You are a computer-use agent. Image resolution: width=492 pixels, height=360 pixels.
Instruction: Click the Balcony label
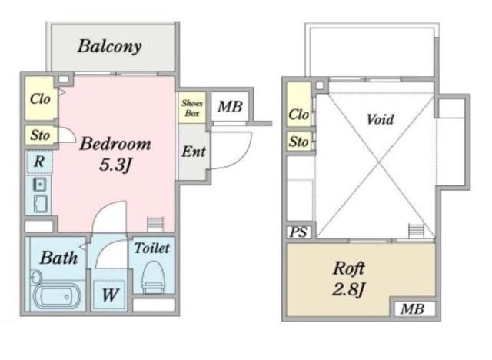pyautogui.click(x=109, y=47)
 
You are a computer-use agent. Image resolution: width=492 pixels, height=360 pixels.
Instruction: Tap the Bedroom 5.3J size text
pyautogui.click(x=115, y=165)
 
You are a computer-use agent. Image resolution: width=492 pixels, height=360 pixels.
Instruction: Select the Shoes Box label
pyautogui.click(x=192, y=108)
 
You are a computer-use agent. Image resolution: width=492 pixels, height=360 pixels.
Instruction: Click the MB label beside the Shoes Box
pyautogui.click(x=230, y=106)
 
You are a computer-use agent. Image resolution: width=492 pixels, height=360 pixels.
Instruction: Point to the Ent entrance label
pyautogui.click(x=194, y=152)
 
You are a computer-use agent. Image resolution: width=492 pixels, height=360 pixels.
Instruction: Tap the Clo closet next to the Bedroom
pyautogui.click(x=40, y=98)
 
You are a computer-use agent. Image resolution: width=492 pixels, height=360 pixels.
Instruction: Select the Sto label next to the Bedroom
pyautogui.click(x=40, y=135)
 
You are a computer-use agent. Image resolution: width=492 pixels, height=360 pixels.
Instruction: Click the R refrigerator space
pyautogui.click(x=39, y=162)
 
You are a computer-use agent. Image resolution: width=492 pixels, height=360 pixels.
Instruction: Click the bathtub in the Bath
pyautogui.click(x=57, y=296)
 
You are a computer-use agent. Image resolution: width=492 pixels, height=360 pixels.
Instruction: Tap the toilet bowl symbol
pyautogui.click(x=153, y=277)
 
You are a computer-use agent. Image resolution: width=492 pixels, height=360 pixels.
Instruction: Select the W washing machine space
pyautogui.click(x=109, y=295)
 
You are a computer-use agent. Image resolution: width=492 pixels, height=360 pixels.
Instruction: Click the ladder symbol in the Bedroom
pyautogui.click(x=155, y=225)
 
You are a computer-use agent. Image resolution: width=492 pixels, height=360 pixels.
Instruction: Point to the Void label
pyautogui.click(x=380, y=119)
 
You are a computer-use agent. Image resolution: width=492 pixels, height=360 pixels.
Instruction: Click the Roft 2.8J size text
pyautogui.click(x=348, y=290)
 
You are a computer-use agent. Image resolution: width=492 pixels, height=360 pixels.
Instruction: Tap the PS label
pyautogui.click(x=299, y=232)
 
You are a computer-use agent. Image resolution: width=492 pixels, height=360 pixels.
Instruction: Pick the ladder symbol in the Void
pyautogui.click(x=417, y=232)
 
